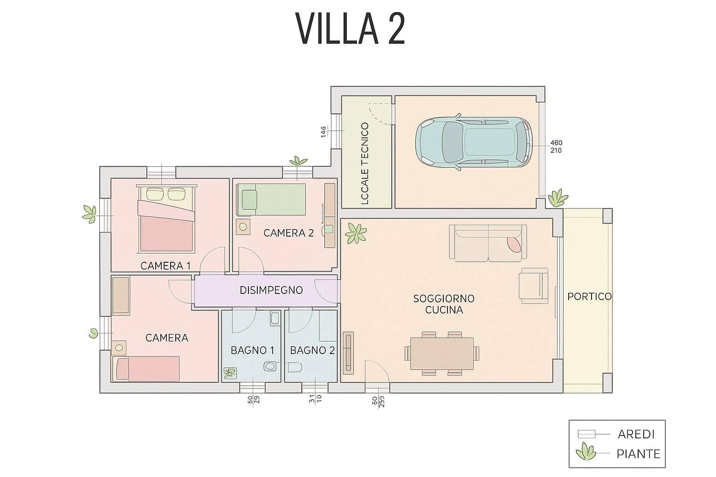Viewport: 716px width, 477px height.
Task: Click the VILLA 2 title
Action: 350,28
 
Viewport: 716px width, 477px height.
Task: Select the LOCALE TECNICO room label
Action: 365,164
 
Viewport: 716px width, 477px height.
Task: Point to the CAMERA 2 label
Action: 288,233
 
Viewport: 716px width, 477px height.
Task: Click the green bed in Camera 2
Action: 271,199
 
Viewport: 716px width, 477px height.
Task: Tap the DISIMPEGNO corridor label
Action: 271,290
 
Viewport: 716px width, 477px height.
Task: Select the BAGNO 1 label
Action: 252,350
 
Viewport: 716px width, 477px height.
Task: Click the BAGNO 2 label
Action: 312,350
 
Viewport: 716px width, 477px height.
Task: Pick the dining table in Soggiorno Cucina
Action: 442,354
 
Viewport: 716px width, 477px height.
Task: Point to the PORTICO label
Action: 589,297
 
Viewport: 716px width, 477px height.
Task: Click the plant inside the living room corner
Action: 357,232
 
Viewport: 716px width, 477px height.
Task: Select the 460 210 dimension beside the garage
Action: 556,147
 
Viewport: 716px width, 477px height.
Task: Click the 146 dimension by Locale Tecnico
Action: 323,132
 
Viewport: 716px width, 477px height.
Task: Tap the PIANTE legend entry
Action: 638,453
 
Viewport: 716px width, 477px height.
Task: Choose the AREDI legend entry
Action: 636,434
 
